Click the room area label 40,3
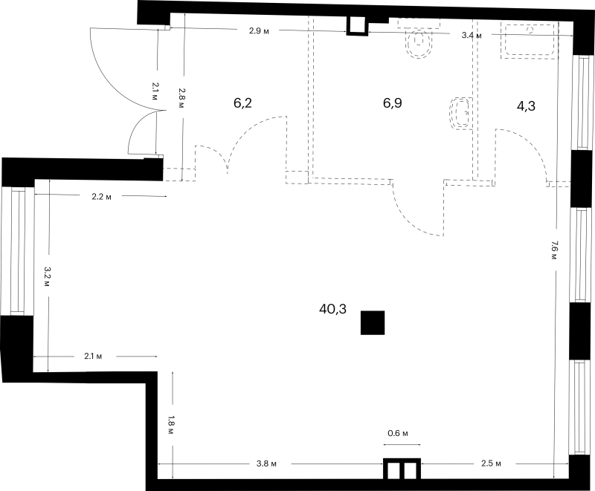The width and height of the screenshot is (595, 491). click(x=332, y=310)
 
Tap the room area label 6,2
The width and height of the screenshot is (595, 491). click(x=242, y=103)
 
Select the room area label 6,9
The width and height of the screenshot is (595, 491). click(x=393, y=103)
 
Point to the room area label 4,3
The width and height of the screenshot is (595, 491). click(x=526, y=106)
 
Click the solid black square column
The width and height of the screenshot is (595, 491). click(x=373, y=323)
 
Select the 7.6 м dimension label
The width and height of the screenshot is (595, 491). click(x=554, y=250)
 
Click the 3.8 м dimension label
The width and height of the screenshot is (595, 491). click(x=266, y=464)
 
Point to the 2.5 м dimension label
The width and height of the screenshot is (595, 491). click(x=491, y=464)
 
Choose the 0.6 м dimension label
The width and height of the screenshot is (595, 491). click(x=398, y=433)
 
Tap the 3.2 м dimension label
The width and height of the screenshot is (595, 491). click(x=47, y=276)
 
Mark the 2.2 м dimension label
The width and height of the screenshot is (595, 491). click(x=102, y=197)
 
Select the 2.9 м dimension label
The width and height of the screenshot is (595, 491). click(x=259, y=31)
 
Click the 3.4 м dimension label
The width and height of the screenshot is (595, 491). click(x=472, y=36)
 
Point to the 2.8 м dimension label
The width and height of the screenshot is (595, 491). click(x=181, y=98)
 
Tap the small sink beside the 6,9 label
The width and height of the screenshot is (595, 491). click(x=460, y=114)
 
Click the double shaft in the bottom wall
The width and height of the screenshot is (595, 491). click(x=402, y=469)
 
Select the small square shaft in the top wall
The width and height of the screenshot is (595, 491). click(x=357, y=26)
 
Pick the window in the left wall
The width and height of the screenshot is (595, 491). click(x=17, y=251)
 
